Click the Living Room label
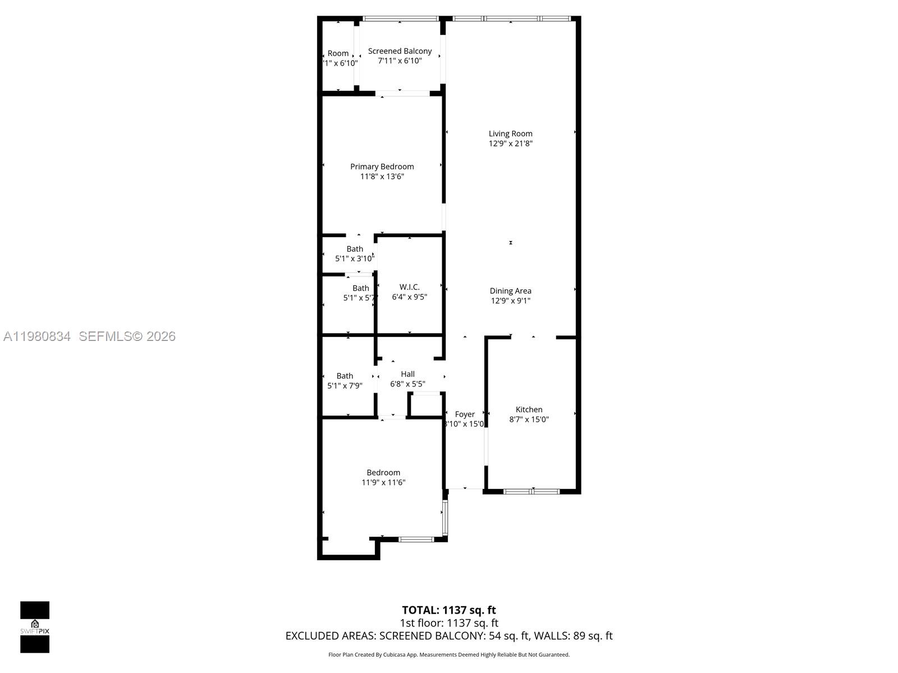coord(510,133)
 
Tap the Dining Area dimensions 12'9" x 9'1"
coord(510,301)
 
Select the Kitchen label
coord(529,409)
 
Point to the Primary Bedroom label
coord(382,167)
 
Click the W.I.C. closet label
coord(409,287)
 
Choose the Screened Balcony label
coord(400,51)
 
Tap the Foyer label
coord(465,414)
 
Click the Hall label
coord(407,374)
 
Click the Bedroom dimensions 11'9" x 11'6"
coord(383,482)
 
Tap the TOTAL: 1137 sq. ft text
coord(448,610)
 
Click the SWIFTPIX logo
coord(35,627)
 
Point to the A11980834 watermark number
coord(37,336)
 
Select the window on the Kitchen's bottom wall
coord(532,492)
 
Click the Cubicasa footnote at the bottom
coord(448,654)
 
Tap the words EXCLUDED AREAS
coord(330,636)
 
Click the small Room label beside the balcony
coord(338,53)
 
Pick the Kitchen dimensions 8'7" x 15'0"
coord(529,420)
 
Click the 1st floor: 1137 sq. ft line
coord(448,623)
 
